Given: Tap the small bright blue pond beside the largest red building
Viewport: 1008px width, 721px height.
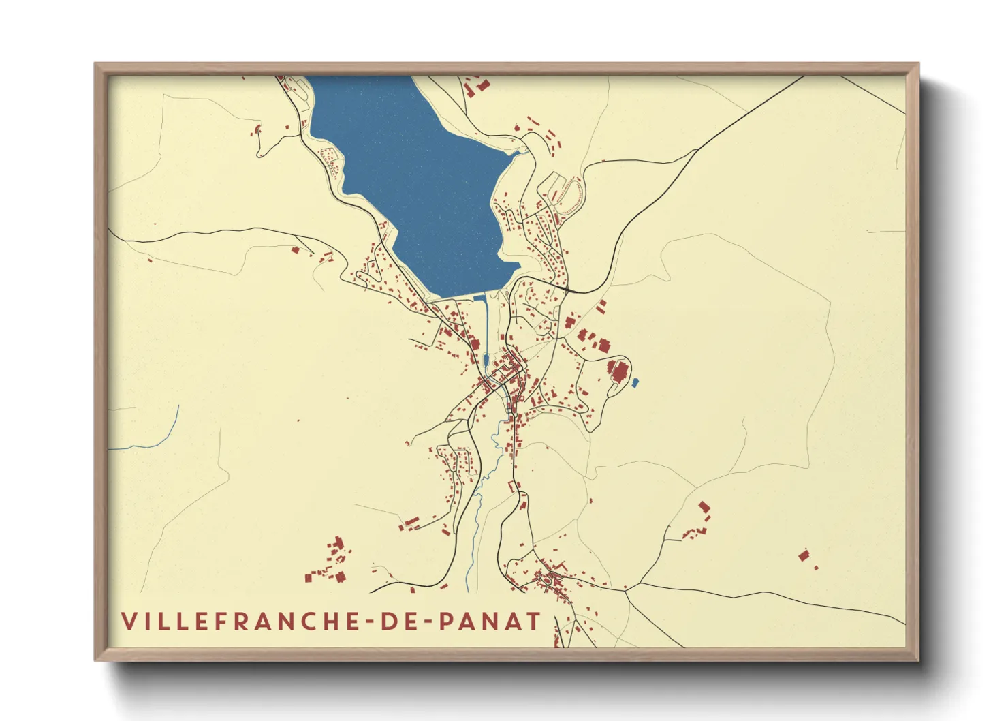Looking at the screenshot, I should pyautogui.click(x=635, y=384).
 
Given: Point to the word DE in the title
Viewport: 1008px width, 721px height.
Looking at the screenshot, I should pyautogui.click(x=398, y=622).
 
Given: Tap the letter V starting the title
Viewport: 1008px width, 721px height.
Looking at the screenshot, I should pyautogui.click(x=129, y=622).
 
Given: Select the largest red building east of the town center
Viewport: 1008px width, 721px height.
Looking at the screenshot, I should pyautogui.click(x=619, y=372).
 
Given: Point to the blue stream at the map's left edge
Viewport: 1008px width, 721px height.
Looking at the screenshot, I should pyautogui.click(x=163, y=436).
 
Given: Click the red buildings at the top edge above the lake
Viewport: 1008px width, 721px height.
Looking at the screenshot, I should pyautogui.click(x=477, y=86).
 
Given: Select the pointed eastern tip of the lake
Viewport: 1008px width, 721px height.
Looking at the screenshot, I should pyautogui.click(x=519, y=153).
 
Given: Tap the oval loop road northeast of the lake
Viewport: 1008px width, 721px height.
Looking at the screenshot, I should pyautogui.click(x=565, y=194).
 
